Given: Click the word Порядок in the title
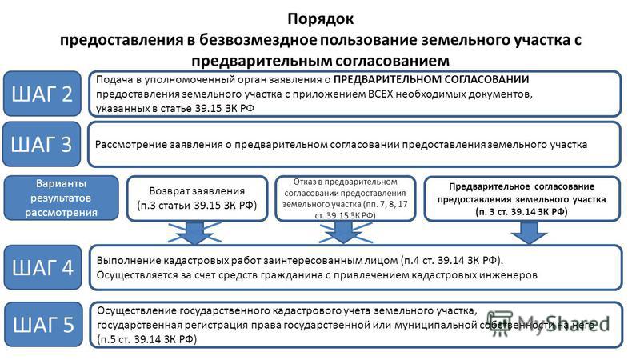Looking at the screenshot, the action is point(321,19).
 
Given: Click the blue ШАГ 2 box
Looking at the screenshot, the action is point(42,94).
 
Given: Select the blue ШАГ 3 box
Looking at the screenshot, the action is point(42,144).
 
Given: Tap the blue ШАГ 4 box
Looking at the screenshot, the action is point(42,267).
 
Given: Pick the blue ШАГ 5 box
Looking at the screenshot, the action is point(43,325).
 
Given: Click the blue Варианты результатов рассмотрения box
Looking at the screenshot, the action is point(62,198).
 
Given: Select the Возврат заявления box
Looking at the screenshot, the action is point(197,198).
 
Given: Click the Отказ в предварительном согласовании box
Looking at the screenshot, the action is point(346,198).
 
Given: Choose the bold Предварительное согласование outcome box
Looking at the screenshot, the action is point(522,198).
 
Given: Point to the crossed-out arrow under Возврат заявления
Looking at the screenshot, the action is point(194,233).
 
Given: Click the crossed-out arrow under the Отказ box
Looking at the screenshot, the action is point(344,233).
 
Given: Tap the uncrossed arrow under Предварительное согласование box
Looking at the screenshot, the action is point(529,233).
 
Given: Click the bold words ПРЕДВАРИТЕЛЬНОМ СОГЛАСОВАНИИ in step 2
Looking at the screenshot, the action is point(431,79).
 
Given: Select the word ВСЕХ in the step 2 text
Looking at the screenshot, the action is point(381,94).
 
